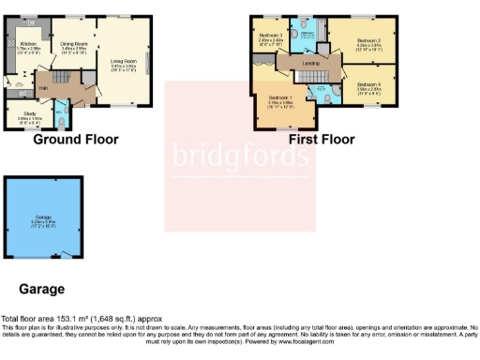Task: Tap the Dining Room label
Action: (75, 43)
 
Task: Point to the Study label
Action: (26, 117)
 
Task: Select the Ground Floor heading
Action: (76, 140)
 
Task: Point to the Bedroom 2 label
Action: (371, 42)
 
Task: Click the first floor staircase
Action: (262, 67)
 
